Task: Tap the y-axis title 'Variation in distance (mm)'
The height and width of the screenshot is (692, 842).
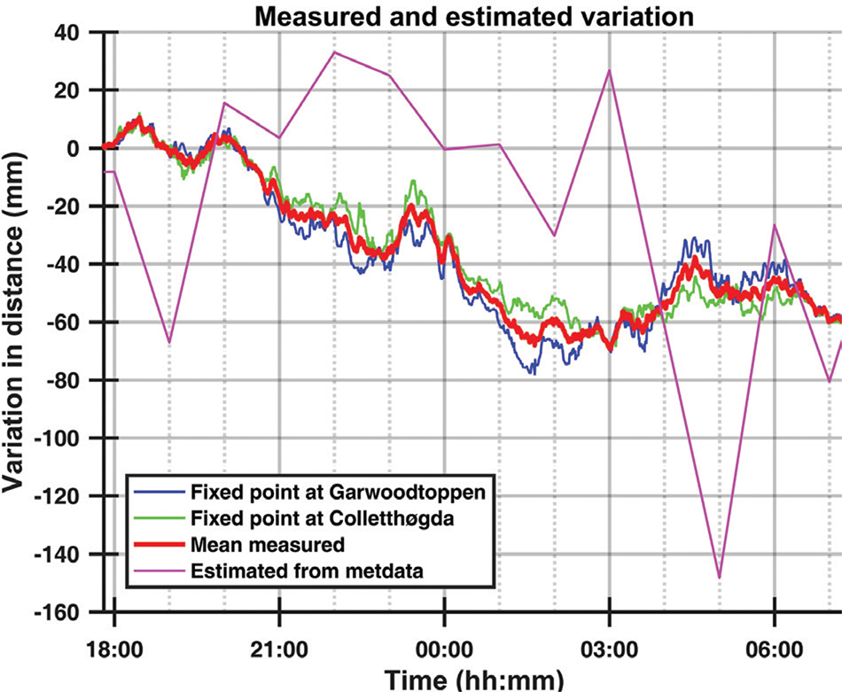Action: [x=19, y=319]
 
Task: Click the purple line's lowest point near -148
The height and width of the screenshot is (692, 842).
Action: [x=720, y=578]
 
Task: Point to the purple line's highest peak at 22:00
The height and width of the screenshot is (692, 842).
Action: [x=334, y=52]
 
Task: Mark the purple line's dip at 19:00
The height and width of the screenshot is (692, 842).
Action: [x=169, y=342]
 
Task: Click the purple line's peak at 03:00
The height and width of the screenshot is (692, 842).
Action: [x=610, y=70]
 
